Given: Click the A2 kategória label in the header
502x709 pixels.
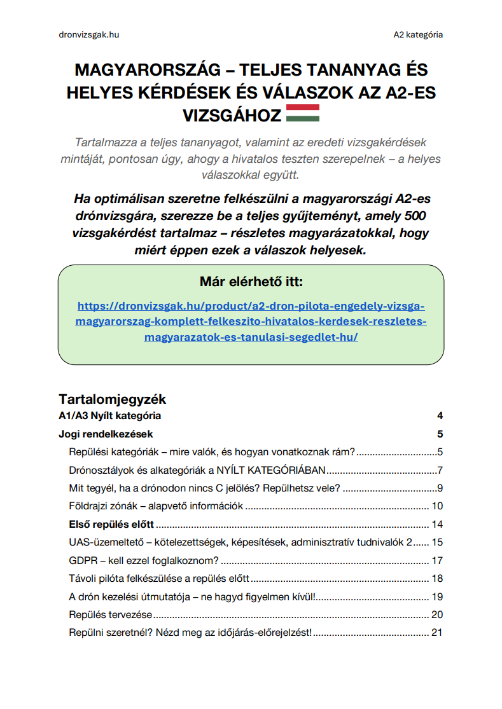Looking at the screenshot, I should [x=418, y=34].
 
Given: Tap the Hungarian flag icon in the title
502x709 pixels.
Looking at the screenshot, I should [x=303, y=113].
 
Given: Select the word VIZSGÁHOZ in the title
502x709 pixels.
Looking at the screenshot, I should [x=232, y=114].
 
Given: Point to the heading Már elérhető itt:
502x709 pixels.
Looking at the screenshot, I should [x=251, y=281].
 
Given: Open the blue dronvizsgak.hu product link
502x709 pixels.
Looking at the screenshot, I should [x=251, y=320].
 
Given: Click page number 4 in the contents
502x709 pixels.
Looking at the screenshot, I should [x=440, y=416].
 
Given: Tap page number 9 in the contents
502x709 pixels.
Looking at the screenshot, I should [x=440, y=488].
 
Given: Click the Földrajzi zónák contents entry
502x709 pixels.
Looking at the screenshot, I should [x=156, y=507].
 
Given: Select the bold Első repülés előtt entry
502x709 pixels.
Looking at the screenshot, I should [x=111, y=525].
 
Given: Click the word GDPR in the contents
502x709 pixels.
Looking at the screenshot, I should [x=81, y=561].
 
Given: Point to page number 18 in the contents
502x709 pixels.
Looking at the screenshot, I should [x=436, y=579].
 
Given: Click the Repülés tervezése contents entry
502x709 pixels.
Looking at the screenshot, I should [x=110, y=615].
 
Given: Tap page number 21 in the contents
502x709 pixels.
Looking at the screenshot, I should [x=436, y=633].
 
